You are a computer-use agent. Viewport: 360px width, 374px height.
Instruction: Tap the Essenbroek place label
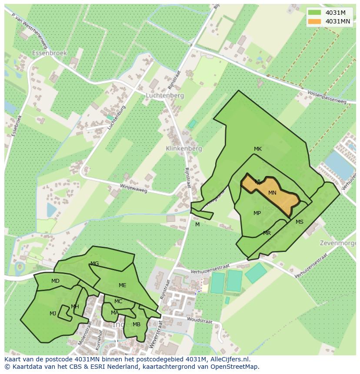click(49, 53)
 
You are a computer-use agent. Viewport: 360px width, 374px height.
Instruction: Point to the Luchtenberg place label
click(165, 96)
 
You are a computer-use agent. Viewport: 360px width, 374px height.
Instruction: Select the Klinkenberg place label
click(184, 149)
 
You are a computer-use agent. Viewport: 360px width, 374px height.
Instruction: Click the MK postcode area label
click(258, 149)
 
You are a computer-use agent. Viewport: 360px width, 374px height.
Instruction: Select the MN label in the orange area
click(272, 193)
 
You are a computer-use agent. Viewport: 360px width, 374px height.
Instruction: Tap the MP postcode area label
click(257, 213)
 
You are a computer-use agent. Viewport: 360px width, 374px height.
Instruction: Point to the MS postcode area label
click(300, 222)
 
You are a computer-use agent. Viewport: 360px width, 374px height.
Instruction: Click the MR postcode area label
click(267, 233)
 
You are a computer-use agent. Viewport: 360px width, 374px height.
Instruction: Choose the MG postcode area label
click(94, 264)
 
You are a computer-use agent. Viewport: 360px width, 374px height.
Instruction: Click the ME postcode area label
click(122, 285)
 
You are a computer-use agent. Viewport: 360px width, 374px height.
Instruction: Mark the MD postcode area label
click(55, 281)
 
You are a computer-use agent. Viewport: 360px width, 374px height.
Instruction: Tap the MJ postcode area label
click(53, 314)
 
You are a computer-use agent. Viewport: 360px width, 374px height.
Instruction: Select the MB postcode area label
click(137, 324)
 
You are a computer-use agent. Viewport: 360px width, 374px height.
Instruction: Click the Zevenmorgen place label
click(339, 242)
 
